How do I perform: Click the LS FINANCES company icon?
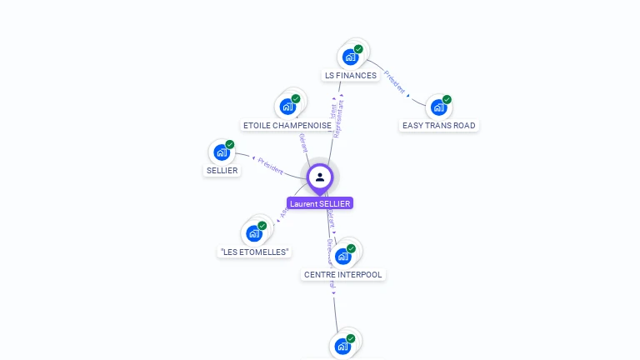[x=350, y=57]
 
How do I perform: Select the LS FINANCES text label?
[x=351, y=76]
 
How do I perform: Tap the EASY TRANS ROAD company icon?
[x=438, y=107]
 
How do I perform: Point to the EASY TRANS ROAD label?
[x=438, y=126]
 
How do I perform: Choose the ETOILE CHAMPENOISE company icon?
[x=287, y=107]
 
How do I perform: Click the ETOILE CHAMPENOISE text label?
[x=287, y=126]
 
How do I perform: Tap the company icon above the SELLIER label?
[x=222, y=152]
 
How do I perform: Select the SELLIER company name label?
[x=222, y=171]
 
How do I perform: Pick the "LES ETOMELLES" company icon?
[x=253, y=233]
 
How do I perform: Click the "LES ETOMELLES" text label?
[x=254, y=252]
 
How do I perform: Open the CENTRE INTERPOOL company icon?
[x=343, y=256]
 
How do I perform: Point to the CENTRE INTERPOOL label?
[x=344, y=274]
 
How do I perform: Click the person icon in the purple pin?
[x=320, y=177]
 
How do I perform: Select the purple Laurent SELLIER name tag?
[x=320, y=203]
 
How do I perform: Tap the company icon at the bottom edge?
[x=342, y=346]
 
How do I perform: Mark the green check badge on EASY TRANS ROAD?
[x=447, y=99]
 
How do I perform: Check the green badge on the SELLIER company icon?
[x=230, y=144]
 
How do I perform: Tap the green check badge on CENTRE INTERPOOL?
[x=352, y=248]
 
